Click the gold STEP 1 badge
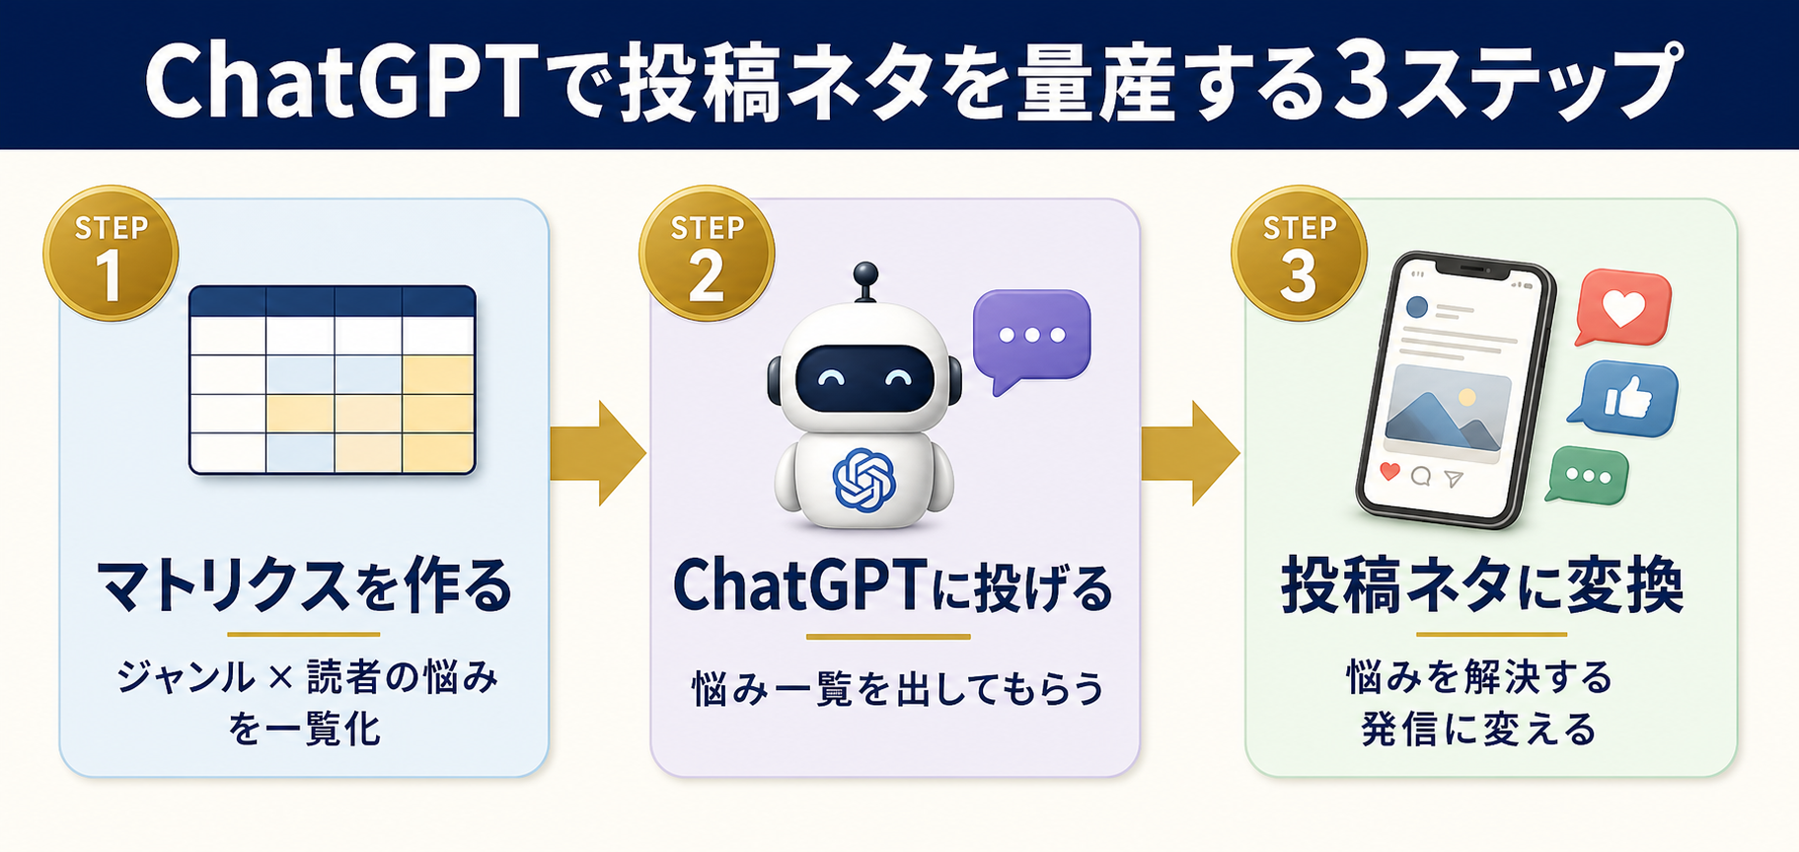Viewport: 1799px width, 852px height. point(111,254)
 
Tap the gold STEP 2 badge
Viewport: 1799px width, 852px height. point(707,254)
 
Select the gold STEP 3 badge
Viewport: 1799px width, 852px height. point(1299,254)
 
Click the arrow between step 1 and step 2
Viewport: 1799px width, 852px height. point(597,453)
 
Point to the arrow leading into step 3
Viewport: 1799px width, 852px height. point(1190,453)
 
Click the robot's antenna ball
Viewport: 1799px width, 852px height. point(865,271)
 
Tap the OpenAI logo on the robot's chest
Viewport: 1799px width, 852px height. point(863,481)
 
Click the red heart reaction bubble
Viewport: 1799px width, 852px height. point(1622,308)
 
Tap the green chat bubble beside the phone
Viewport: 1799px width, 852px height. point(1587,475)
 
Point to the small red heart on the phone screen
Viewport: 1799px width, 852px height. point(1389,471)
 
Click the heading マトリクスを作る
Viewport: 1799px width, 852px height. point(305,586)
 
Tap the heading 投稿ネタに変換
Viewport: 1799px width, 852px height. point(1483,586)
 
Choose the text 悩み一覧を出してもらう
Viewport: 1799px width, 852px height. point(897,688)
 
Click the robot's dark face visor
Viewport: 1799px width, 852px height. point(864,378)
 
